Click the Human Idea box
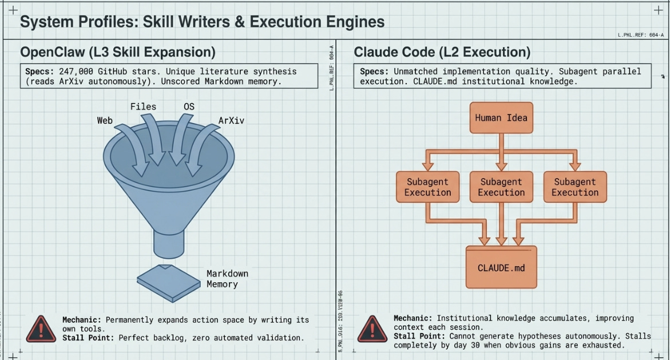click(501, 118)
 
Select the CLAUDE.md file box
click(501, 267)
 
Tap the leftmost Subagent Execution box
click(427, 187)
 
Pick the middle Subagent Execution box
click(501, 187)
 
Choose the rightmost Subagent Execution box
click(574, 187)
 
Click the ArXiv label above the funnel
click(231, 121)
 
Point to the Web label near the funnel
click(105, 120)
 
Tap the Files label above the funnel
click(143, 106)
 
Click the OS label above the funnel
click(189, 106)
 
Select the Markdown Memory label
click(227, 279)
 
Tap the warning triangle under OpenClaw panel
click(41, 329)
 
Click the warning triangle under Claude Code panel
click(372, 329)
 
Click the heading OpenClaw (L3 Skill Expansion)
click(118, 52)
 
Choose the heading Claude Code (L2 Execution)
click(442, 52)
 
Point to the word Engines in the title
click(356, 22)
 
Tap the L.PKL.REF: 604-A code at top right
click(641, 35)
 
